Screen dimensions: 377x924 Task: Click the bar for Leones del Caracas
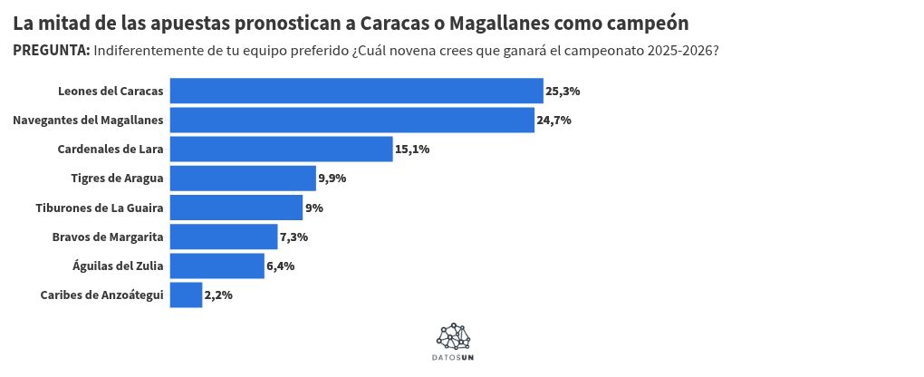pyautogui.click(x=356, y=92)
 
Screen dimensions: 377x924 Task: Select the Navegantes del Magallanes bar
pyautogui.click(x=352, y=121)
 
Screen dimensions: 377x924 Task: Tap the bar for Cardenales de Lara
pyautogui.click(x=281, y=150)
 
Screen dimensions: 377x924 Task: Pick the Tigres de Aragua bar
pyautogui.click(x=243, y=179)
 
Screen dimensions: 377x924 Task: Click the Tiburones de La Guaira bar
pyautogui.click(x=236, y=208)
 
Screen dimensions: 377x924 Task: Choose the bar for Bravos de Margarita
pyautogui.click(x=223, y=237)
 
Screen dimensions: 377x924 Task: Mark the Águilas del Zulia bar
pyautogui.click(x=217, y=266)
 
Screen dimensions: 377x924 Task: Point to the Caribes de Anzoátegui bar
pyautogui.click(x=186, y=295)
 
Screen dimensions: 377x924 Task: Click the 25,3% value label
pyautogui.click(x=563, y=92)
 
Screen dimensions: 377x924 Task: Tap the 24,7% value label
pyautogui.click(x=553, y=121)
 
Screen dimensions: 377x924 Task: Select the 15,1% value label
pyautogui.click(x=412, y=150)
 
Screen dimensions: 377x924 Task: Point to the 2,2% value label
pyautogui.click(x=218, y=295)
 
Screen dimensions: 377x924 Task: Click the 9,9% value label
pyautogui.click(x=332, y=179)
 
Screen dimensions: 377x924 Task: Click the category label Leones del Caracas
pyautogui.click(x=111, y=92)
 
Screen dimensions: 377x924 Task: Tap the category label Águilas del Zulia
pyautogui.click(x=118, y=266)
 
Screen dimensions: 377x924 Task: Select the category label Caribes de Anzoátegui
pyautogui.click(x=102, y=295)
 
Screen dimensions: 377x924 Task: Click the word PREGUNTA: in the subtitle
pyautogui.click(x=51, y=51)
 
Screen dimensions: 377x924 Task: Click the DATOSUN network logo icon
pyautogui.click(x=453, y=336)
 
